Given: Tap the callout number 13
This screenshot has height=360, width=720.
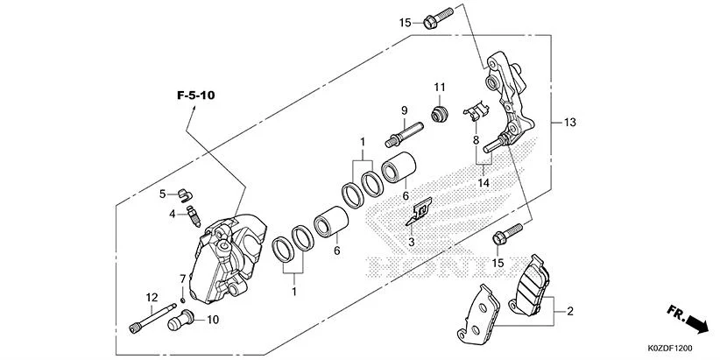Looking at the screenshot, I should tap(570, 123).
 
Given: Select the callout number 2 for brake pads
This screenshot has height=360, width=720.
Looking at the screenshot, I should tap(570, 311).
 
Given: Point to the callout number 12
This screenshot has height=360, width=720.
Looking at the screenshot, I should tap(152, 297).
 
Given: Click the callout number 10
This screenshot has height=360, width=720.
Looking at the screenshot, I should tap(213, 321).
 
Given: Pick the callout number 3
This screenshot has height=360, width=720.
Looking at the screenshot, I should tap(411, 241).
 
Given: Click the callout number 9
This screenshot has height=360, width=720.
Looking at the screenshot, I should tap(406, 110).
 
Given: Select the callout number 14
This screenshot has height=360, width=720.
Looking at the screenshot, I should tap(482, 182).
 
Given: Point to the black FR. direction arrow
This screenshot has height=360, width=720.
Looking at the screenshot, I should tap(696, 326).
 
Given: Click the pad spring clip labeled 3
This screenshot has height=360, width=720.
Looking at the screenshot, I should tap(422, 210).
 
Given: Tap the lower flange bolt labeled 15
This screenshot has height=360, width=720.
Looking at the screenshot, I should tap(506, 234).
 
